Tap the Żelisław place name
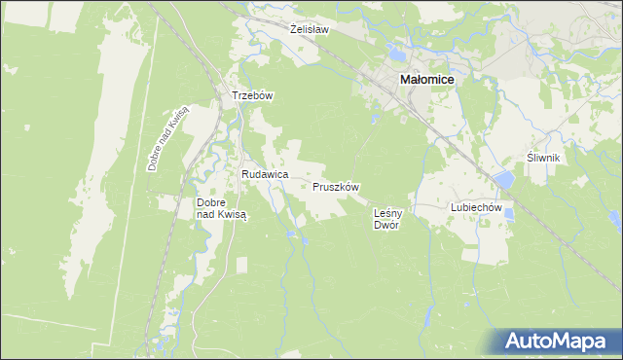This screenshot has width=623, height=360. coord(310,29)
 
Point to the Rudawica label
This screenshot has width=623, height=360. coord(265,173)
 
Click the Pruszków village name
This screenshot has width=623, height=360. coord(337,186)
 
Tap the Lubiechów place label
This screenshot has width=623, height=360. coord(475,207)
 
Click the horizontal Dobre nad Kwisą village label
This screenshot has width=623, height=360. coord(222,209)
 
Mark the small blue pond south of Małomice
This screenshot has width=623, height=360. coord(375,121)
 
